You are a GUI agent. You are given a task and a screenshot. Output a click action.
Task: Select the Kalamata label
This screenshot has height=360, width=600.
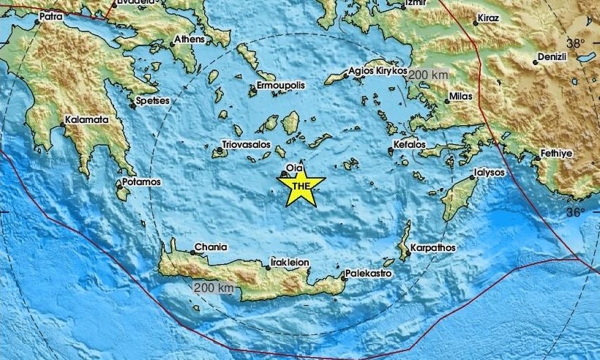click(87, 119)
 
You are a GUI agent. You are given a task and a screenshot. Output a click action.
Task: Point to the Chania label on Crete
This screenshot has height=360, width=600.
click(211, 247)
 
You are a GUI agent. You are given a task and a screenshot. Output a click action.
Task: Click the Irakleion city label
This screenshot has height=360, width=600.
click(291, 261)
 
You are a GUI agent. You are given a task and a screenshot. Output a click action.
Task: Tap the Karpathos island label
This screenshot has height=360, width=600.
click(433, 248)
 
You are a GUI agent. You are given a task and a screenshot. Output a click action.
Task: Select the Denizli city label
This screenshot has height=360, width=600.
click(555, 56)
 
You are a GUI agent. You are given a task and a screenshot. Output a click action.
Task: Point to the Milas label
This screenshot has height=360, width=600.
click(462, 97)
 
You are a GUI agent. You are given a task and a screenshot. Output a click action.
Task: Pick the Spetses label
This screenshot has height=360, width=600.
click(153, 100)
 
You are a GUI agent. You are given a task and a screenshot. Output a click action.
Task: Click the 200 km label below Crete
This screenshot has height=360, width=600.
click(214, 288)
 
